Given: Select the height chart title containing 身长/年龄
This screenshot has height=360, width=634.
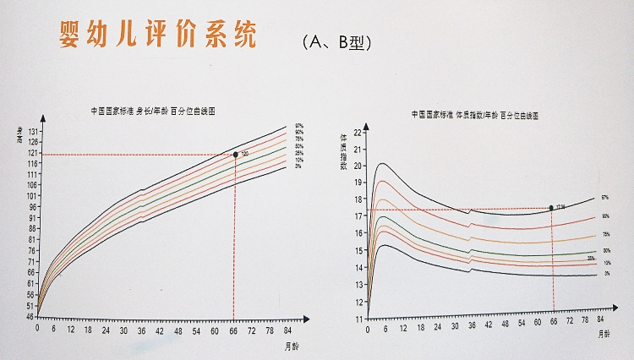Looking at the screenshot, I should [152, 112].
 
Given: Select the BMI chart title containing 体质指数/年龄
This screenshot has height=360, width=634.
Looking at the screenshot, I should [475, 112].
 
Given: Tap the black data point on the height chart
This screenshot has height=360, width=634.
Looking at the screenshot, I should [235, 155].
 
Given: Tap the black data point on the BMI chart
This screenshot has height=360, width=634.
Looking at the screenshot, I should [551, 207].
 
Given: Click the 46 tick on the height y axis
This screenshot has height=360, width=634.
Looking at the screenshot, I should [30, 317].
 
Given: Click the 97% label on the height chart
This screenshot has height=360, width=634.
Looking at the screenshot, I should [298, 126].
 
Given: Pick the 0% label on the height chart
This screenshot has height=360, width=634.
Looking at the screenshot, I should [298, 166].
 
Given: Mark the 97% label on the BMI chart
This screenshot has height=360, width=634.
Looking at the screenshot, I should [604, 198].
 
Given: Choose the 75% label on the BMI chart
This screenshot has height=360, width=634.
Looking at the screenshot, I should [605, 234].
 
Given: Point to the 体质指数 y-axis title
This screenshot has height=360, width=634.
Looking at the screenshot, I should [345, 157].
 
